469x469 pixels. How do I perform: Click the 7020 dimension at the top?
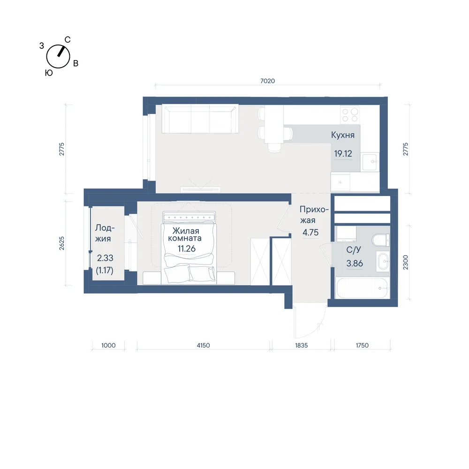[x=267, y=81]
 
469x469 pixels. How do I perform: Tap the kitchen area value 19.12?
[x=343, y=153]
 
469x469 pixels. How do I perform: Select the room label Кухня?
[x=343, y=135]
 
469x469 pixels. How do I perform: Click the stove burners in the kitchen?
[x=350, y=115]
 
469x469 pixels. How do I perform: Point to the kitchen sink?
[x=370, y=162]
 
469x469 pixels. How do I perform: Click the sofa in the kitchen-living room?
[x=200, y=119]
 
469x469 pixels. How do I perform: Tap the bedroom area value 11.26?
[x=186, y=249]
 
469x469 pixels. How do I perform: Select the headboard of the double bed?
[x=189, y=217]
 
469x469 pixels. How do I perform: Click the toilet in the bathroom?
[x=381, y=240]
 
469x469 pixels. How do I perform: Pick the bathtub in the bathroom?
[x=362, y=288]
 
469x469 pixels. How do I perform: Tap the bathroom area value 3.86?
[x=355, y=263]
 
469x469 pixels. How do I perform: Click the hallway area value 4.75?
[x=310, y=233]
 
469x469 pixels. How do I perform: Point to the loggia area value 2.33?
[x=105, y=258]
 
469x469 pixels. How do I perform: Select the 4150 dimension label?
[x=203, y=345]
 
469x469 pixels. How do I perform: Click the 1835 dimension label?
[x=301, y=345]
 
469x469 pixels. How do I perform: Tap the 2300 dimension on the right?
[x=405, y=262]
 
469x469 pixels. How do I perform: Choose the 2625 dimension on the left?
[x=61, y=243]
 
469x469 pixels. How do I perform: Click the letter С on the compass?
[x=68, y=40]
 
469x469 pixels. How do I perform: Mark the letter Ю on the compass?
[x=49, y=73]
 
